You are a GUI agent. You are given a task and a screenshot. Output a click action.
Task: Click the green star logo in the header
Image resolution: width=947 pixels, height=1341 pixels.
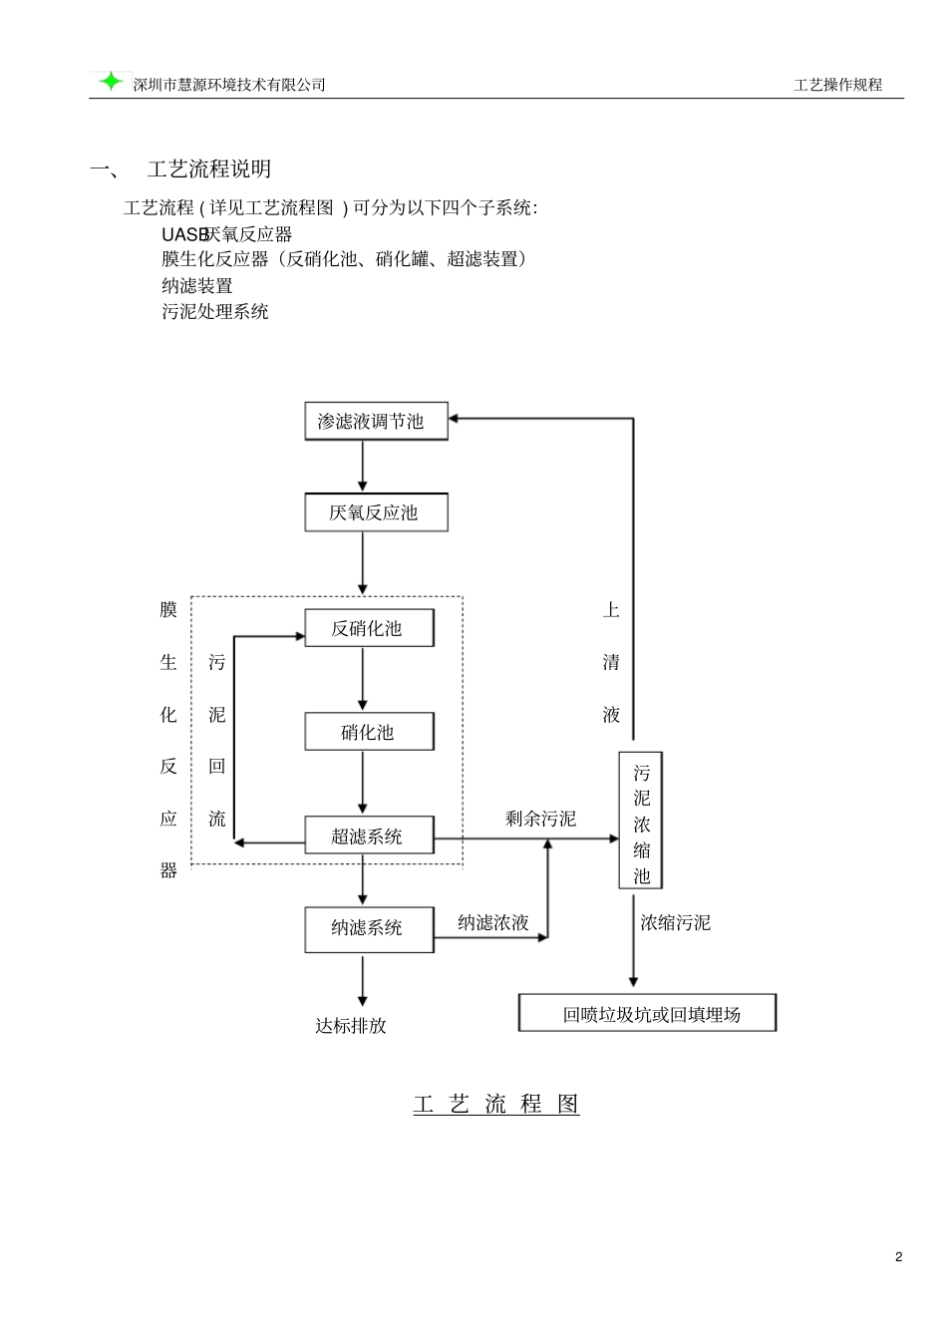click(111, 82)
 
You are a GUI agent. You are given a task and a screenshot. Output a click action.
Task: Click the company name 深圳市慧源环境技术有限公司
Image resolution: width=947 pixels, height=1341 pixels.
click(229, 85)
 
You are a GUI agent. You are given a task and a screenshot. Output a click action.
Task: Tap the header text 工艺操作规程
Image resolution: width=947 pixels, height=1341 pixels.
click(837, 85)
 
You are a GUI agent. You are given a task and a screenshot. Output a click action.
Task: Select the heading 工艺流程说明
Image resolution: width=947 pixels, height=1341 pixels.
click(208, 168)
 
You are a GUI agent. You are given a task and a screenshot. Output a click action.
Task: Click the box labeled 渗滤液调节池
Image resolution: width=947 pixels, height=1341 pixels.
click(375, 421)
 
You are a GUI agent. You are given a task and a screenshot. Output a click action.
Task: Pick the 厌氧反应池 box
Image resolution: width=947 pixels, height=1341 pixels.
click(375, 512)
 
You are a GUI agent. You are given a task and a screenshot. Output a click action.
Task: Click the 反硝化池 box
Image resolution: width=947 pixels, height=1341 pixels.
click(368, 628)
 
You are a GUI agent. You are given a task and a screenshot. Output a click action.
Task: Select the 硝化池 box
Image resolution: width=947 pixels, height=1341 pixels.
click(368, 732)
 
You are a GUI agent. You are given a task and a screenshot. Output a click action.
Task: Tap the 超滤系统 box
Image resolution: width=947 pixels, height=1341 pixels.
click(368, 836)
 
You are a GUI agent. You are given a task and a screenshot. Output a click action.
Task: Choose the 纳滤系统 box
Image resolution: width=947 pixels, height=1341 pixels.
click(368, 928)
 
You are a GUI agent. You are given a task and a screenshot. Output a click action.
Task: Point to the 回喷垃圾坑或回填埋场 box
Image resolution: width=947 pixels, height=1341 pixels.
click(648, 1014)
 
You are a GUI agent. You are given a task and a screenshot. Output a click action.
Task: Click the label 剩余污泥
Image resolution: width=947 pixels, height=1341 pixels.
click(540, 819)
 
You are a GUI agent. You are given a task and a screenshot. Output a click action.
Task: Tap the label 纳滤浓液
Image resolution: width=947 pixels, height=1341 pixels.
click(492, 922)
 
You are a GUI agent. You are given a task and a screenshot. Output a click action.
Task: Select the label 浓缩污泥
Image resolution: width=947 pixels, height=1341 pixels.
click(675, 922)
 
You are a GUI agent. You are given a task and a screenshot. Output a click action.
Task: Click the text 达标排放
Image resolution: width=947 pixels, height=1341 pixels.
click(351, 1025)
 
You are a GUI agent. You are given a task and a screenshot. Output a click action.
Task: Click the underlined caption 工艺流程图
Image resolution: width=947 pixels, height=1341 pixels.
click(496, 1104)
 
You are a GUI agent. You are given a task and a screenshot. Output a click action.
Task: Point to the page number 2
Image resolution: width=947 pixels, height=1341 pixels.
click(898, 1256)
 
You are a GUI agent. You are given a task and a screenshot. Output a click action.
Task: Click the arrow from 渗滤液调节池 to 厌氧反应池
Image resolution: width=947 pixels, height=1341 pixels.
click(363, 466)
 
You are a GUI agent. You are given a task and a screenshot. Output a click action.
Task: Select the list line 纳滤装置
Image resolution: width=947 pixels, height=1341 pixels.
click(197, 285)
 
